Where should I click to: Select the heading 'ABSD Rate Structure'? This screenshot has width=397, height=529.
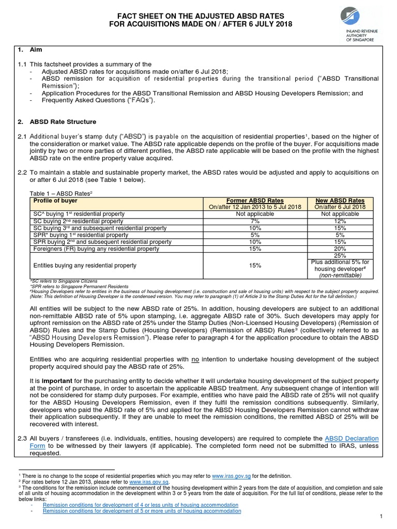[64, 122]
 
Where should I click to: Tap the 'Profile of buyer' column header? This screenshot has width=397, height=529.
[55, 200]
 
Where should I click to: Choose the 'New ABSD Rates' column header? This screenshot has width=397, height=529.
[340, 200]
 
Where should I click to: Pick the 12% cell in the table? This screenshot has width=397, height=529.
[340, 221]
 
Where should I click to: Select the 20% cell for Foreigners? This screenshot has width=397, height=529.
[340, 248]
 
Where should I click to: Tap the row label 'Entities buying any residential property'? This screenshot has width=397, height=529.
[85, 266]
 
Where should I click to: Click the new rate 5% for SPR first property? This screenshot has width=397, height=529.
[340, 235]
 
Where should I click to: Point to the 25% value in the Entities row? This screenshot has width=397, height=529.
[340, 256]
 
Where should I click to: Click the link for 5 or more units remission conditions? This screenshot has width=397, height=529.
[142, 511]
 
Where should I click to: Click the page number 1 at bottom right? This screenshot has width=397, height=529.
[380, 516]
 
